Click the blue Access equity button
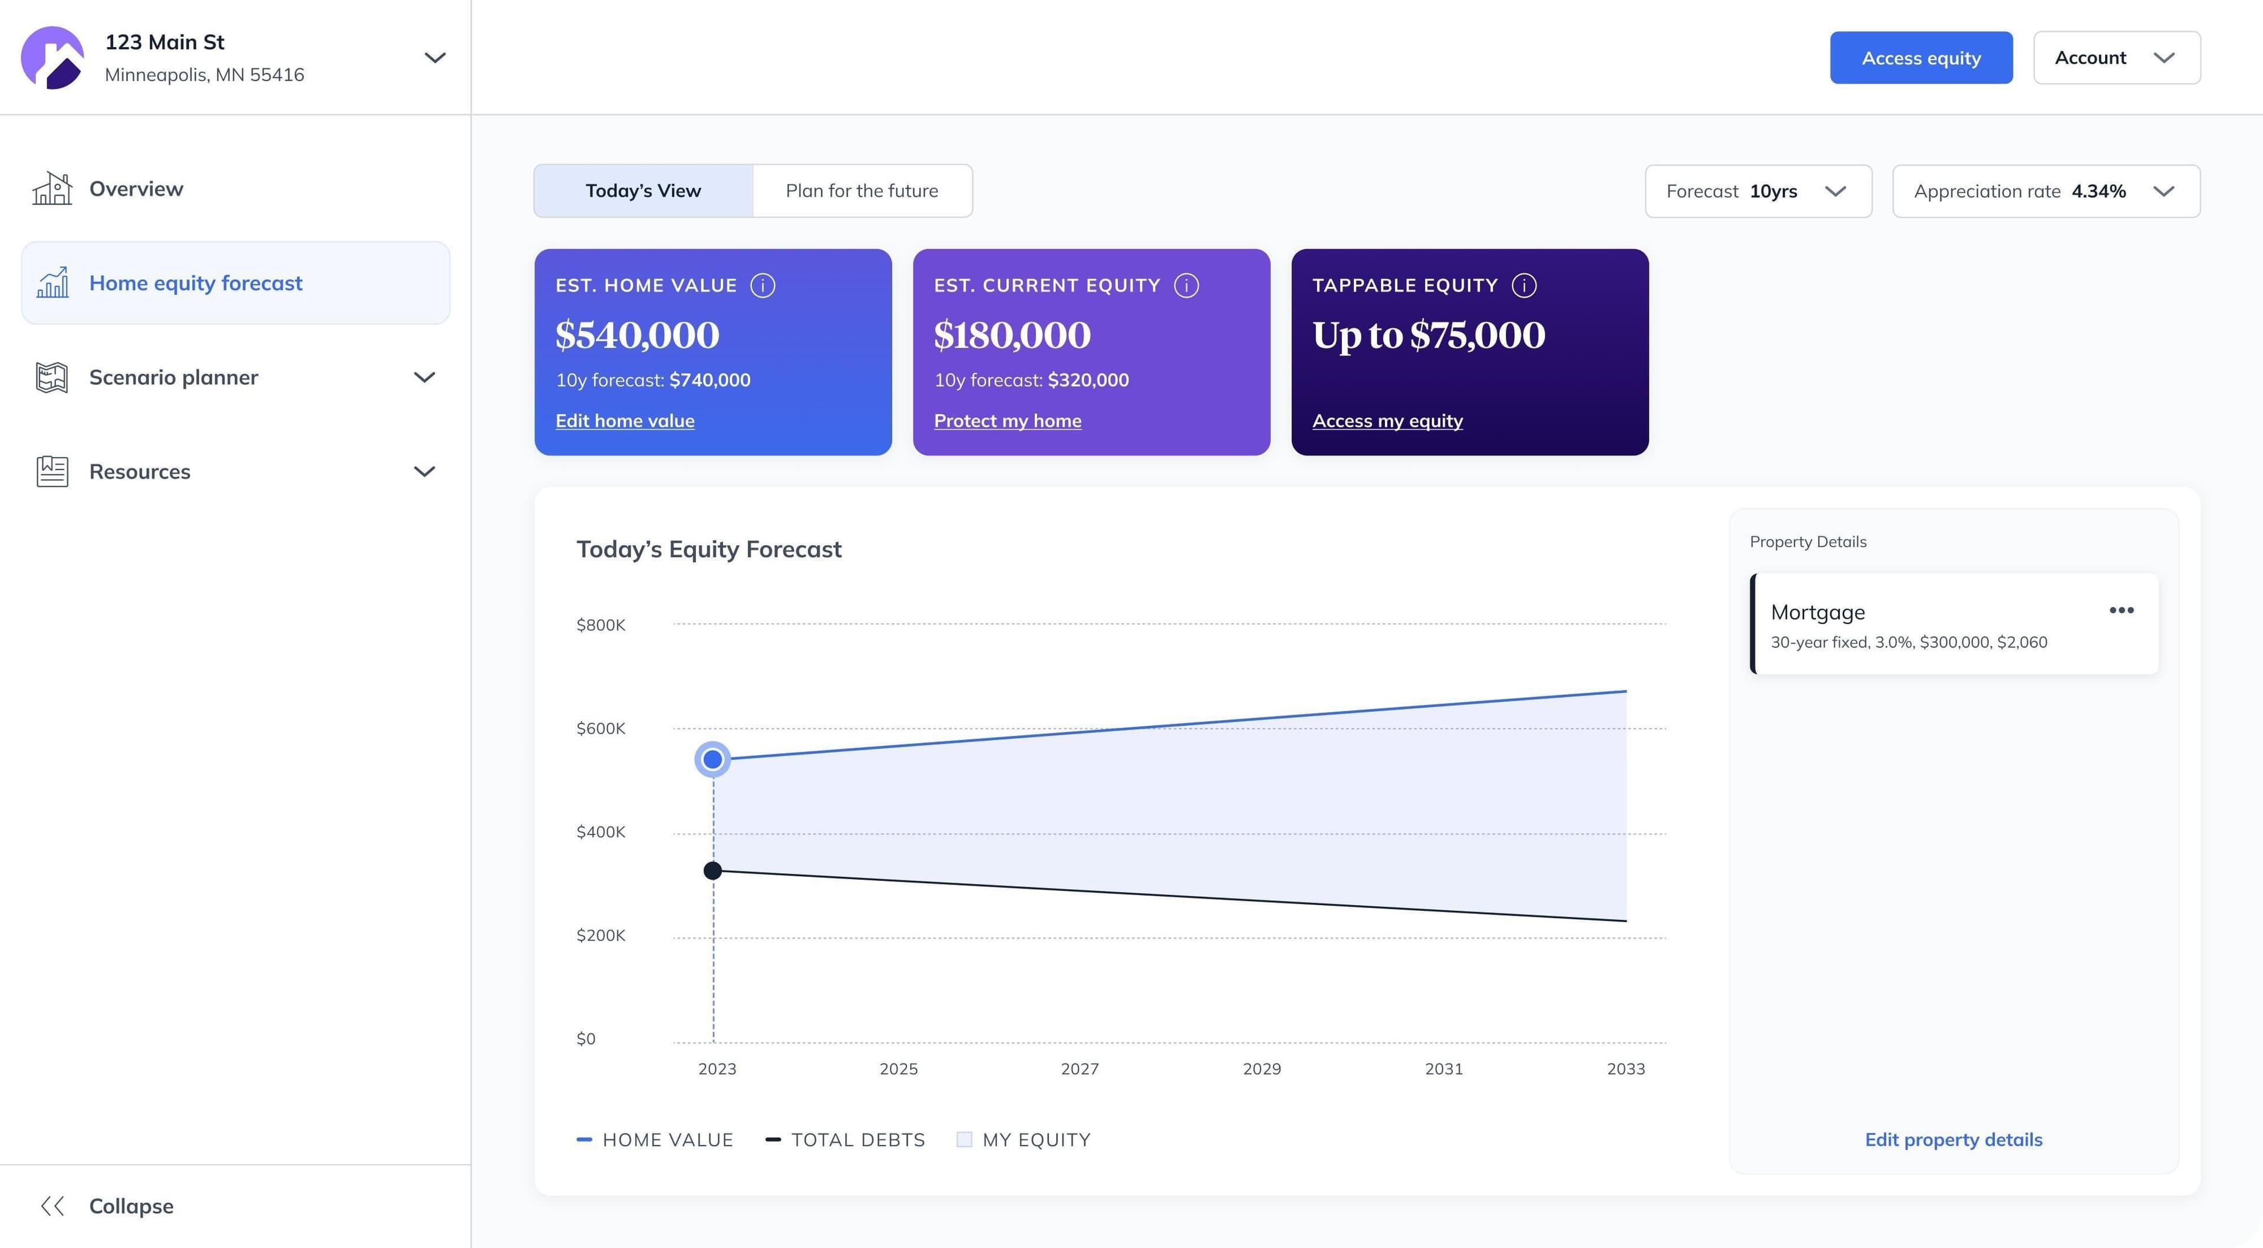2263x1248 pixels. (1921, 58)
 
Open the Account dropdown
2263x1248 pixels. (2116, 58)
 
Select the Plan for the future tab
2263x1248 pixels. (861, 190)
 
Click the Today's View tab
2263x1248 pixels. (643, 190)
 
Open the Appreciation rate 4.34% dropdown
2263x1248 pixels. (2045, 190)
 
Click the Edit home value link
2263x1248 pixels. (625, 421)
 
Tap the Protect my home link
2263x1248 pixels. (1007, 421)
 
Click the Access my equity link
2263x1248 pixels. (1387, 421)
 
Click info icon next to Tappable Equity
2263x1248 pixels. (1523, 285)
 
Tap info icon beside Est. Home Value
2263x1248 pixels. (763, 285)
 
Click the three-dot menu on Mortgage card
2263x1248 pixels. (2121, 610)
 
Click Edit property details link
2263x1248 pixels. (1953, 1139)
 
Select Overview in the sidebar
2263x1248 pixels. (136, 189)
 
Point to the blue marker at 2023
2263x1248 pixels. (712, 759)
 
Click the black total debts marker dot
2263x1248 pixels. (712, 870)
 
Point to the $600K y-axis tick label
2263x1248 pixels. (601, 728)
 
